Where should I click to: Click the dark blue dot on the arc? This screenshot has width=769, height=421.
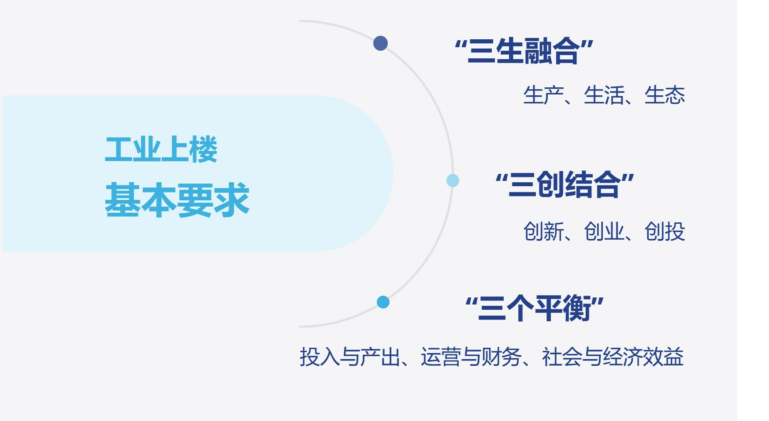pos(380,43)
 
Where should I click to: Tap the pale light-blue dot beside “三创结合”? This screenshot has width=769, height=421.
pos(453,180)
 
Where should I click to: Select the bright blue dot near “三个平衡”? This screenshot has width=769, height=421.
pos(383,302)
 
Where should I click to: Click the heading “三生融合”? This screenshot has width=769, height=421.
pos(524,51)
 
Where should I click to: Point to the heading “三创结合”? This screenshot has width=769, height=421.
pos(565,184)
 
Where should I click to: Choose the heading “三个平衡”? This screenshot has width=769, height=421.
pos(535,308)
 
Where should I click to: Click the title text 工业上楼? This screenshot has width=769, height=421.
pos(161,149)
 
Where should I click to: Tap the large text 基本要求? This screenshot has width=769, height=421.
pos(177,200)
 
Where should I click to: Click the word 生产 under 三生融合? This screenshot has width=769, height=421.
pos(544,95)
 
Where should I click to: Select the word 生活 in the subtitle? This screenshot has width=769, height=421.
pos(604,95)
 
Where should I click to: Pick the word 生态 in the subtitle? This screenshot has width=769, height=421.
pos(665,95)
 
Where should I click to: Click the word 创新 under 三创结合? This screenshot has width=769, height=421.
pos(544,231)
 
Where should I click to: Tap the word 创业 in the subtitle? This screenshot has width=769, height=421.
pos(604,231)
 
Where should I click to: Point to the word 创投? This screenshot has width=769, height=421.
pos(665,231)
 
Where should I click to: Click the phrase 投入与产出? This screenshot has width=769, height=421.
pos(350,357)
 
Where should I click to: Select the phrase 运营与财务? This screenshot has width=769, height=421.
pos(471,357)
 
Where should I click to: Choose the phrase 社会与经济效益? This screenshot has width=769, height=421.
pos(613,357)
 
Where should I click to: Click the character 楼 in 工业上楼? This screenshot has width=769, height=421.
pos(203,149)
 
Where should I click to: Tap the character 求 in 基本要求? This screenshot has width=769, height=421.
pos(232,200)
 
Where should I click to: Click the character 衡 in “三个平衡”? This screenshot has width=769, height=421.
pos(577,308)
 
